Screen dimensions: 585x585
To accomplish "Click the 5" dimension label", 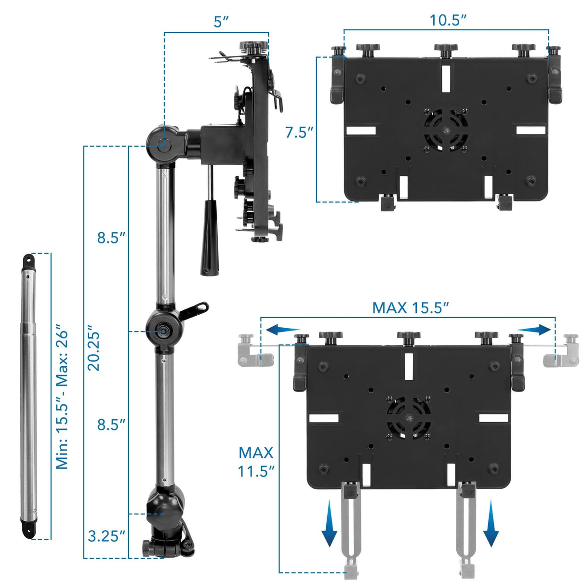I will tap(221, 22).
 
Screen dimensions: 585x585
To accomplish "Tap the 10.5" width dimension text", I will tap(448, 20).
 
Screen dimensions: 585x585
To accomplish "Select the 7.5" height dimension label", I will tap(299, 133).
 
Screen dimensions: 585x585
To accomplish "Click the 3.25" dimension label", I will tap(106, 536).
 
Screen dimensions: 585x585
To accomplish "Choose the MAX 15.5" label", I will tap(411, 307).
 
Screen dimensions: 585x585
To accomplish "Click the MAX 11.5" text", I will tap(256, 462).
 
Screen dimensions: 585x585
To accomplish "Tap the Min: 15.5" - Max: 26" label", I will tap(62, 399).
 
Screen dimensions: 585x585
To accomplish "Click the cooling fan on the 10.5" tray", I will tap(446, 130).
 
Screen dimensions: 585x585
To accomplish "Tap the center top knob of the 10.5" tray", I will tap(445, 49).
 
